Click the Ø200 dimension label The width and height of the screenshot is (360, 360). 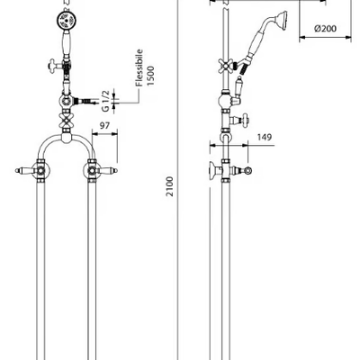click(325, 29)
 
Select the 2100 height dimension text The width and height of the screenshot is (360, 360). click(170, 186)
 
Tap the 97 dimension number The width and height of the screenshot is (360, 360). click(104, 125)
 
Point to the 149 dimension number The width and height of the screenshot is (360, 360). click(265, 137)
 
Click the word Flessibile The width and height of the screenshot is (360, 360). click(139, 67)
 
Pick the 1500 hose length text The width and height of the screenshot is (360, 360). click(150, 76)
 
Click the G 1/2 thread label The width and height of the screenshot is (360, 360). click(105, 100)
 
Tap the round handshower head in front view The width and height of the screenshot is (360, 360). click(67, 21)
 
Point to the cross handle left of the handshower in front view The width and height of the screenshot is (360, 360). click(55, 64)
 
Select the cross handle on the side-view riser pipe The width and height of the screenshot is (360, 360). click(226, 64)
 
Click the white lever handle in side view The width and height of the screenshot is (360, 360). click(239, 86)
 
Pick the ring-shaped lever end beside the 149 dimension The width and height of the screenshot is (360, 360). click(247, 171)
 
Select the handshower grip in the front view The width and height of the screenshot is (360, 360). click(66, 43)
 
